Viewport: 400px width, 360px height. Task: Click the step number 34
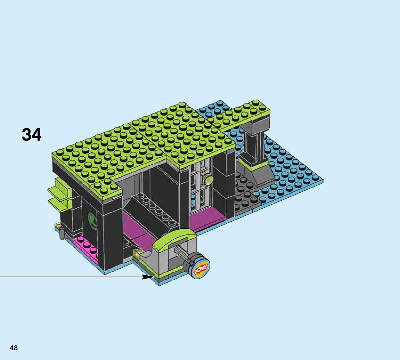pos(31,135)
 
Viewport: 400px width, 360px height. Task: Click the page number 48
pos(14,348)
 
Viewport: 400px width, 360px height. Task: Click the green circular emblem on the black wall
pos(92,220)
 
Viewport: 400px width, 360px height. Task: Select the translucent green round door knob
pos(209,179)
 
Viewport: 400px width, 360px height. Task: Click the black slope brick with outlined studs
pos(149,208)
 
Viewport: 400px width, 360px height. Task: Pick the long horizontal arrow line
pos(70,277)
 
